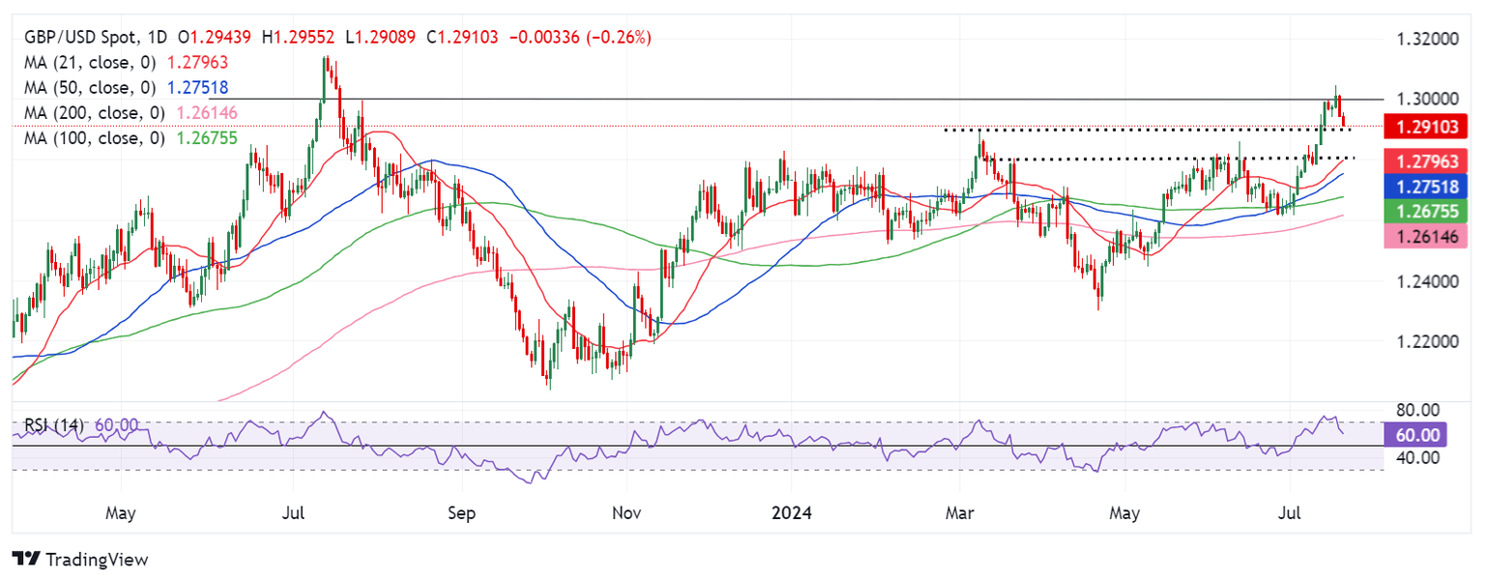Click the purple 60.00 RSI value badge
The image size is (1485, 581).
pos(1413,435)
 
